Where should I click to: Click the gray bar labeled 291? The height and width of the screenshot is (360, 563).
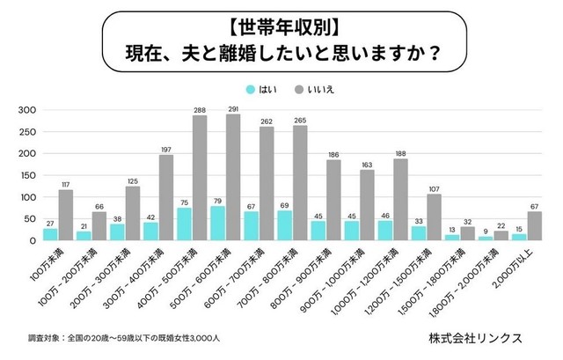tap(233, 177)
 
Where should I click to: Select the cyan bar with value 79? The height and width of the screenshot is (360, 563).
tap(217, 224)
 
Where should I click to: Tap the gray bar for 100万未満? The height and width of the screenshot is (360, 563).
tap(66, 215)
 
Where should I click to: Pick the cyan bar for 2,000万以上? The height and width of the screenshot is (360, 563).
tap(519, 237)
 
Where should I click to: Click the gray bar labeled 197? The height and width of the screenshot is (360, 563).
tap(166, 197)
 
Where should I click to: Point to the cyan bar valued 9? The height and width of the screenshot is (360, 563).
tap(485, 238)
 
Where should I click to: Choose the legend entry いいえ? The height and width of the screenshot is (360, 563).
tap(320, 89)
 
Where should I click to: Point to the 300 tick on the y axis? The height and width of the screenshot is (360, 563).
tap(26, 110)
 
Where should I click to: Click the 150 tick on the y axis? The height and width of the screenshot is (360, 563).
tap(26, 175)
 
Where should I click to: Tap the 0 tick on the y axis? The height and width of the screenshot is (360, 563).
tap(31, 240)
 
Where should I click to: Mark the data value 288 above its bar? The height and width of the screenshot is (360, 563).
tap(200, 109)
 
